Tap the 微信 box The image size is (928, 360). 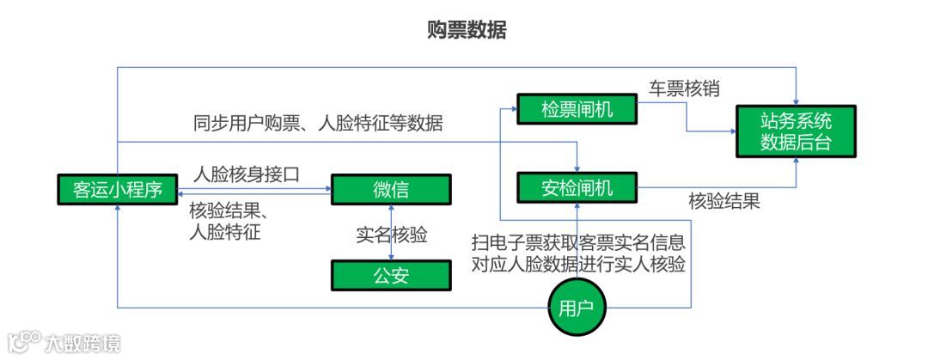(x=391, y=189)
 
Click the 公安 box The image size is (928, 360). (x=391, y=275)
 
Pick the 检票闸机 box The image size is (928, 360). (x=576, y=109)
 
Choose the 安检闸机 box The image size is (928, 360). (x=577, y=186)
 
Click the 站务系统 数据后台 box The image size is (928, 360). (x=796, y=131)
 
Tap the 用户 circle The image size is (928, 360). (x=577, y=308)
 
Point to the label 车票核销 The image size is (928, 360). (x=684, y=88)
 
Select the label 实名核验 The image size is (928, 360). (x=391, y=235)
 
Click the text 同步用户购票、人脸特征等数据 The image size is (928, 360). (x=318, y=123)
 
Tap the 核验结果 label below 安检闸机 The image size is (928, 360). (x=724, y=202)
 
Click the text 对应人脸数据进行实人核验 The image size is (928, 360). (x=578, y=264)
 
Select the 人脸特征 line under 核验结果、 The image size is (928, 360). (x=224, y=232)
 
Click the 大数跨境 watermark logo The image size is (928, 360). (x=64, y=343)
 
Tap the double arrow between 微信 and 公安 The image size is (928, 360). (x=392, y=232)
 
